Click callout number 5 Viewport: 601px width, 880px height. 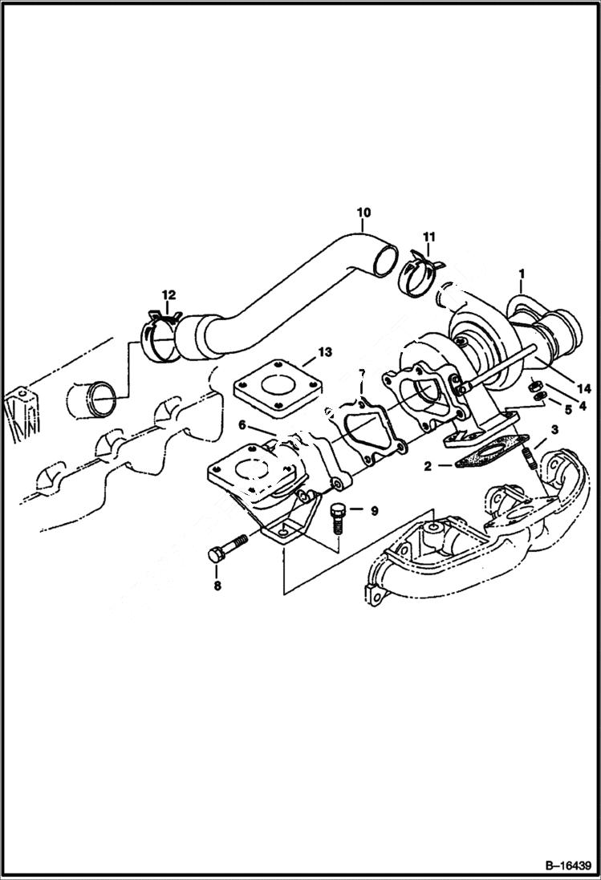568,409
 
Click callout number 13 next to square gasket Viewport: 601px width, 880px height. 324,351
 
